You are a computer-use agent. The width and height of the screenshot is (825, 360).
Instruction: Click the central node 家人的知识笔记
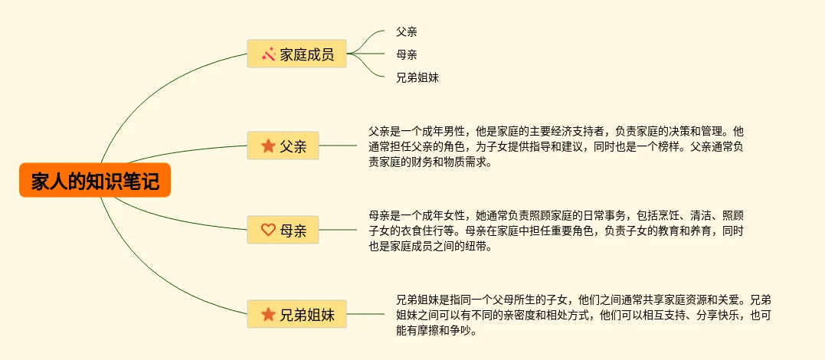pyautogui.click(x=95, y=182)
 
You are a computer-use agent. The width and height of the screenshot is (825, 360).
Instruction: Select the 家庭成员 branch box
pyautogui.click(x=296, y=54)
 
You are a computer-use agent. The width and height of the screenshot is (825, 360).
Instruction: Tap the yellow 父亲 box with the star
pyautogui.click(x=283, y=146)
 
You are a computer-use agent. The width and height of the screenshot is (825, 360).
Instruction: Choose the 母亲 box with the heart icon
pyautogui.click(x=283, y=229)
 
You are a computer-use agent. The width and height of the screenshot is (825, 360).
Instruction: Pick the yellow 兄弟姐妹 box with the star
pyautogui.click(x=296, y=314)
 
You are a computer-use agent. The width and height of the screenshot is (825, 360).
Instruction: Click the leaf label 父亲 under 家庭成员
pyautogui.click(x=407, y=32)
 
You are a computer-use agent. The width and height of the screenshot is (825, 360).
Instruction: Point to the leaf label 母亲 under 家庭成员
pyautogui.click(x=407, y=54)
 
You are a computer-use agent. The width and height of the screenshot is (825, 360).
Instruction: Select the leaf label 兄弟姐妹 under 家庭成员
pyautogui.click(x=417, y=77)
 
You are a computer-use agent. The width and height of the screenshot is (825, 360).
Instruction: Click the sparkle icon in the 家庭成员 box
pyautogui.click(x=268, y=54)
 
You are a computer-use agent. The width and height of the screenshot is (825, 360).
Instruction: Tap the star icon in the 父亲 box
pyautogui.click(x=268, y=146)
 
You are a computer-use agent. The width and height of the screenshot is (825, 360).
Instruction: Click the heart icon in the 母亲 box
pyautogui.click(x=268, y=229)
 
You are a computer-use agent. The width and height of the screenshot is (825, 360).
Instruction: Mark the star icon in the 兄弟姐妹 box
pyautogui.click(x=268, y=314)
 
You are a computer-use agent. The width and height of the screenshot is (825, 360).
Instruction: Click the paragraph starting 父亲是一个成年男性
pyautogui.click(x=556, y=146)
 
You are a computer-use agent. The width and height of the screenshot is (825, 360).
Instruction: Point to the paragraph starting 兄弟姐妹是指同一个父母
pyautogui.click(x=584, y=315)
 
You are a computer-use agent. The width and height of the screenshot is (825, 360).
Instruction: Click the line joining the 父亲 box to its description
pyautogui.click(x=338, y=146)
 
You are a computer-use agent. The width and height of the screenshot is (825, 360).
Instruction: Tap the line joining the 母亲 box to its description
pyautogui.click(x=338, y=229)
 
